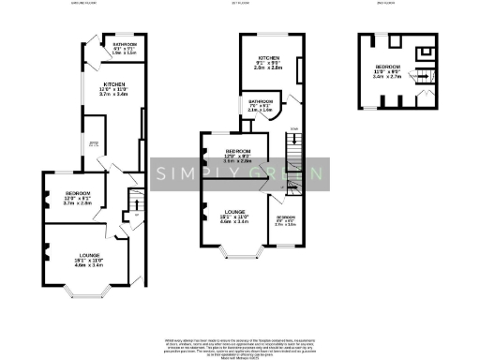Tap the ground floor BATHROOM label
click(125, 44)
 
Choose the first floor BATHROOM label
click(261, 100)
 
